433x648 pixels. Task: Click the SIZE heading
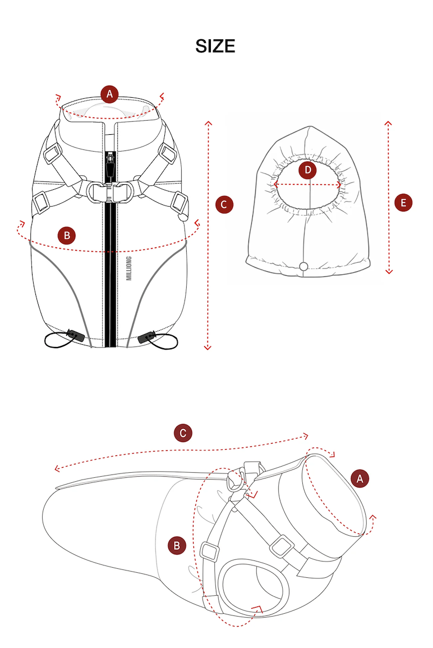[215, 46]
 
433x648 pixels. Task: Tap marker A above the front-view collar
[109, 94]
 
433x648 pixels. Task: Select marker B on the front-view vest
[66, 236]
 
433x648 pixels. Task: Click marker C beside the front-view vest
[224, 204]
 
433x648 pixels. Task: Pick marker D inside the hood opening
[307, 170]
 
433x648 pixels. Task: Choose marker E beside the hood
[403, 203]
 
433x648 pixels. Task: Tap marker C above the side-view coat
[183, 433]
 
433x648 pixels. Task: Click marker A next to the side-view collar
[360, 478]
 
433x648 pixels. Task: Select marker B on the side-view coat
[177, 545]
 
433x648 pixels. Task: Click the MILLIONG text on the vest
[129, 268]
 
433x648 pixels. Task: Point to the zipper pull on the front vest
[110, 165]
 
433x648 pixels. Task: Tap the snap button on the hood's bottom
[303, 267]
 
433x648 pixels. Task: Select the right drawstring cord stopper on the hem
[146, 336]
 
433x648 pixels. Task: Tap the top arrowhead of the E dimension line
[388, 123]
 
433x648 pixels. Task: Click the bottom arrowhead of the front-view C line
[208, 348]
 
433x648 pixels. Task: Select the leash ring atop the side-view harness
[236, 480]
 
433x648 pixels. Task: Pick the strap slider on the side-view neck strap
[282, 547]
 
